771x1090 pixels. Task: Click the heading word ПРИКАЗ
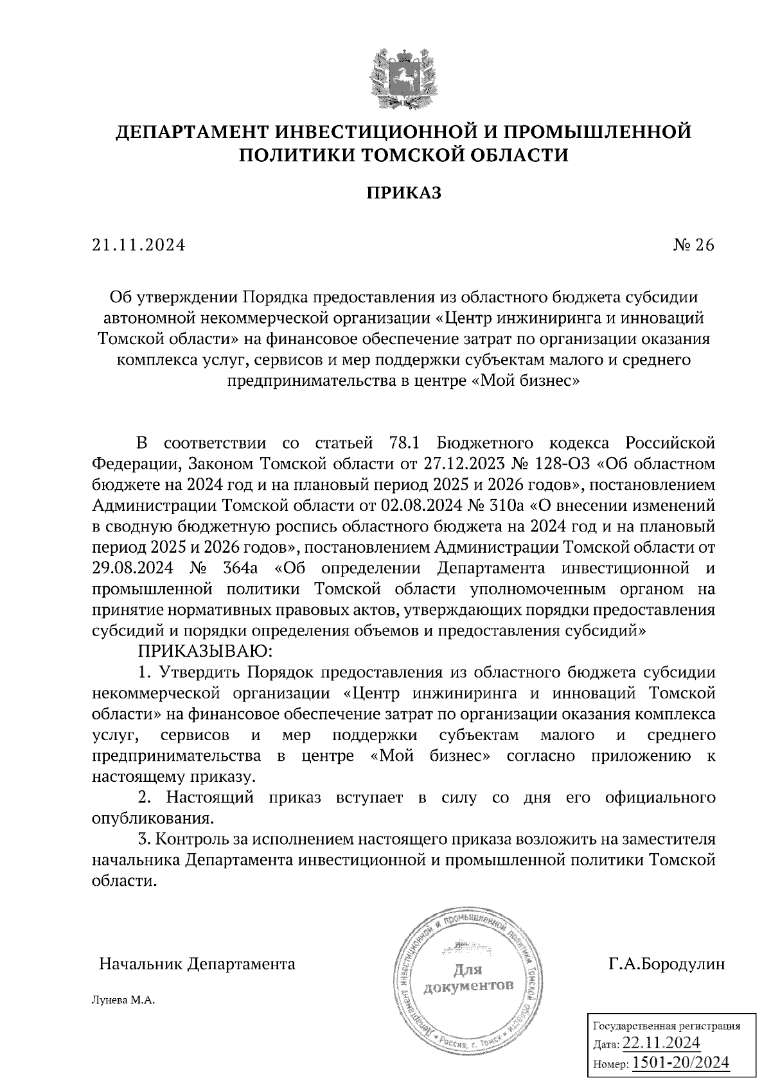(403, 193)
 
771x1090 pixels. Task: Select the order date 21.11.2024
(138, 245)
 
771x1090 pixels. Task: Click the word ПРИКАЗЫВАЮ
(206, 652)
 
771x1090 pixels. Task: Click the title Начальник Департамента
(197, 964)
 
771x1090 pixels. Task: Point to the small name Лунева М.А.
(124, 1001)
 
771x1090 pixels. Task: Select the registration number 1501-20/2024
(681, 1062)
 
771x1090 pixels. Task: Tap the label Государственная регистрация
(666, 1025)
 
